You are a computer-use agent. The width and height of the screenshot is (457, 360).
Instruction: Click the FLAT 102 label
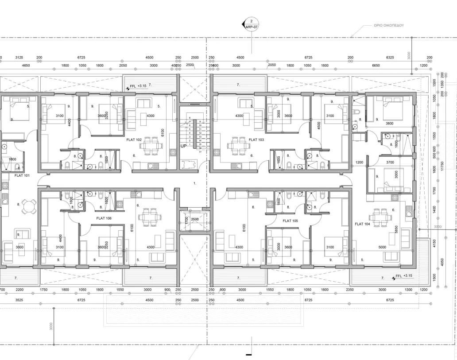(134, 140)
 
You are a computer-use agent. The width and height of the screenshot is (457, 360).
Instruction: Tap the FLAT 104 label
(362, 224)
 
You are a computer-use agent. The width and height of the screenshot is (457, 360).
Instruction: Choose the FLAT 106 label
(104, 218)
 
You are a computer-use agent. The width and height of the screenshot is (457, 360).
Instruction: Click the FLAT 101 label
(22, 175)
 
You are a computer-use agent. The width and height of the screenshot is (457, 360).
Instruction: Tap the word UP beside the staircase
(183, 146)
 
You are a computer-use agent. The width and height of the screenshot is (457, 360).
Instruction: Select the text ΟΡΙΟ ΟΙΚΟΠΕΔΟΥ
(389, 26)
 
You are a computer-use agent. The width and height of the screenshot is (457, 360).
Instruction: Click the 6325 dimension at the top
(390, 58)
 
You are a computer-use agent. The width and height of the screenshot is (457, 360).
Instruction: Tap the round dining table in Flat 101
(29, 207)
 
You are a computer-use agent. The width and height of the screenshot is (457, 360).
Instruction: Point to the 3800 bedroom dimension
(390, 124)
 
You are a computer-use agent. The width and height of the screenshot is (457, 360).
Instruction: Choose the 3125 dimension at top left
(19, 58)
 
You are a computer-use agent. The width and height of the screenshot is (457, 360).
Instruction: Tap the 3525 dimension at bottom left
(19, 300)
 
